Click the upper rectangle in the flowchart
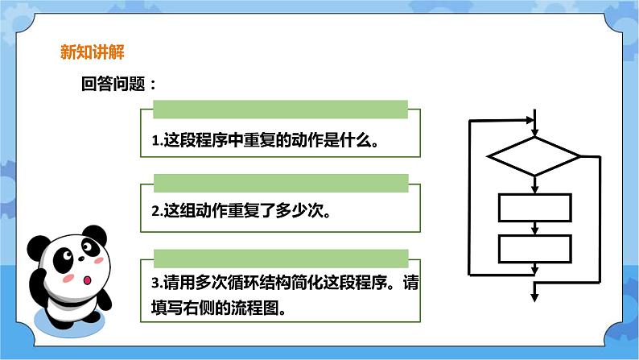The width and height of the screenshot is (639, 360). pos(534,208)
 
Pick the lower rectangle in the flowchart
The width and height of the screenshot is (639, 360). pos(534,249)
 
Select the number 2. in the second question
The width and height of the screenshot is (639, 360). pos(157,213)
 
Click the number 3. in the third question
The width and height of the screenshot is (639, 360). pos(157,283)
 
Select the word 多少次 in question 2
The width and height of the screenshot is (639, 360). pos(306,213)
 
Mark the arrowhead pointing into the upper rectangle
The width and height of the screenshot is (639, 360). pos(534,188)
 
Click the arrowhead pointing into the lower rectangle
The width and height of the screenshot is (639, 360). pos(534,230)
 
